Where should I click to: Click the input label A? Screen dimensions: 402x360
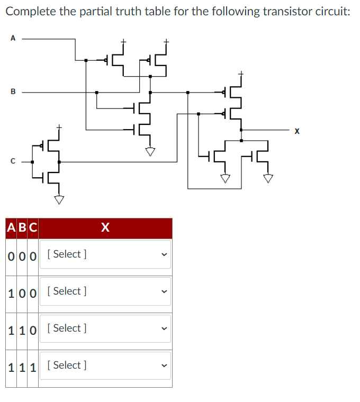[x=12, y=38]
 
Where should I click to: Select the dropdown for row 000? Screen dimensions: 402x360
[x=105, y=254]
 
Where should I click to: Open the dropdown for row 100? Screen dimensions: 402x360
[x=105, y=291]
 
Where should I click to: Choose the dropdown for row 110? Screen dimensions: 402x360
[x=105, y=328]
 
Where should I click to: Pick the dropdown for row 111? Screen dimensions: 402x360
[x=105, y=366]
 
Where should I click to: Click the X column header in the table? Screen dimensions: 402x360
[x=105, y=228]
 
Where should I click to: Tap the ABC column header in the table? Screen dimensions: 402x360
[x=22, y=228]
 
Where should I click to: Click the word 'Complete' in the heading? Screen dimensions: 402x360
[x=30, y=12]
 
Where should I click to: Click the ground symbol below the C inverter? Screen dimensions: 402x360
[x=59, y=199]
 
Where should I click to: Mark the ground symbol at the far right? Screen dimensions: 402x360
[x=268, y=178]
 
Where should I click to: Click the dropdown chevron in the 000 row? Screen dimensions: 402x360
[x=164, y=254]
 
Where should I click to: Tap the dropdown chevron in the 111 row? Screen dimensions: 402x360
[x=164, y=366]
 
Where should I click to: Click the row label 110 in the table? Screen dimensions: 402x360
[x=22, y=329]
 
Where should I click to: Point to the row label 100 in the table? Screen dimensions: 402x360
[x=22, y=292]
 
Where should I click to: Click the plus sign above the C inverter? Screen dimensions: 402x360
[x=59, y=127]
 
